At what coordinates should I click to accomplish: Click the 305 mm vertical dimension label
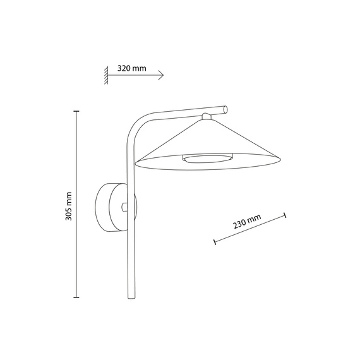tap(69, 206)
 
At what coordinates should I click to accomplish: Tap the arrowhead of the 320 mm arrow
tap(162, 75)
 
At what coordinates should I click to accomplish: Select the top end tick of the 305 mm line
tap(77, 111)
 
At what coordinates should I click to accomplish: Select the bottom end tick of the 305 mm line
tap(77, 296)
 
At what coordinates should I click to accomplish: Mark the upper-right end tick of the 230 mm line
tap(285, 215)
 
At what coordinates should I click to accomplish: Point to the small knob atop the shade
tap(207, 116)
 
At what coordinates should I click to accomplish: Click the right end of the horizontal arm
tap(225, 109)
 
